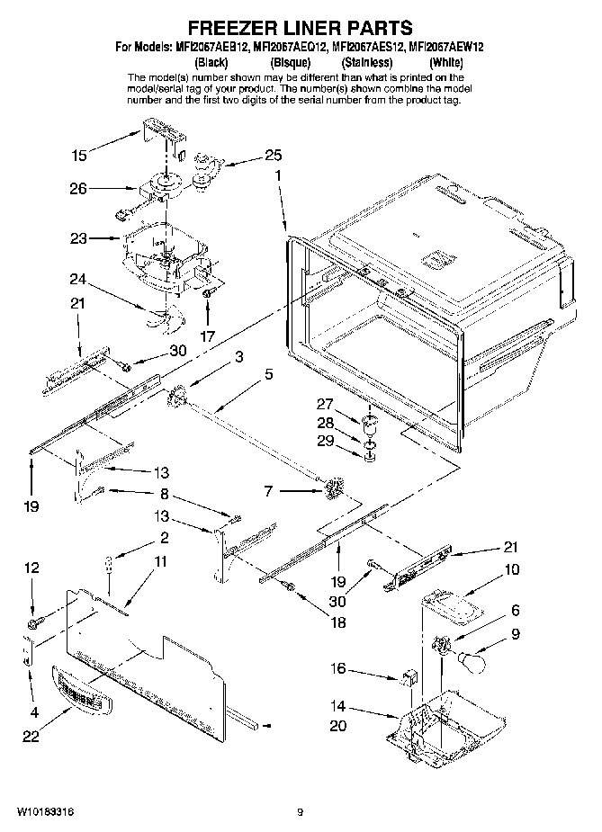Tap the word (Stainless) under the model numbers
tap(366, 62)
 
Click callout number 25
tap(273, 156)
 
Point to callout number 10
tap(511, 568)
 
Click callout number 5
tap(269, 375)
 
